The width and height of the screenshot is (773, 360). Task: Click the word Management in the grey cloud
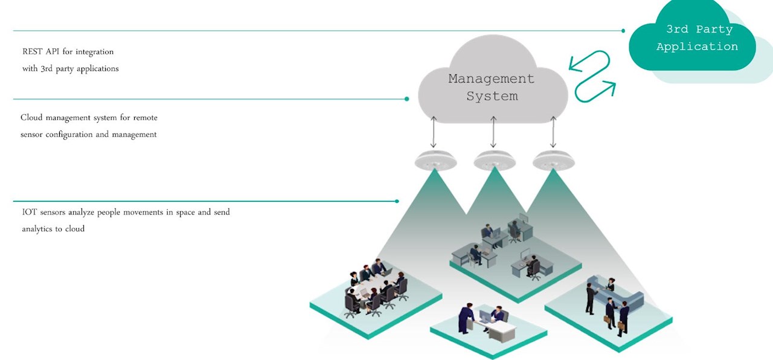tap(491, 79)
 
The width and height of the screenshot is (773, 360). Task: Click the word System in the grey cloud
tap(492, 96)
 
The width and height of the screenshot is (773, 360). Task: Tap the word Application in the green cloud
tap(697, 47)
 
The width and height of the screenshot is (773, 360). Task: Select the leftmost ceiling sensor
tap(435, 161)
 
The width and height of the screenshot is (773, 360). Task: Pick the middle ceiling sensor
tap(495, 161)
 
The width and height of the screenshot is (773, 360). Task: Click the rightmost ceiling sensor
tap(554, 161)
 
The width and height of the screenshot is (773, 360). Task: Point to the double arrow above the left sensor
tap(434, 133)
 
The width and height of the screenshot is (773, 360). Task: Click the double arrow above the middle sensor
tap(493, 133)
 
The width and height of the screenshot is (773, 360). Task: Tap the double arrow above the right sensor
tap(553, 133)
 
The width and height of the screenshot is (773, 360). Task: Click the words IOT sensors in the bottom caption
tap(44, 213)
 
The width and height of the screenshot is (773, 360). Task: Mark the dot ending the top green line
tap(623, 30)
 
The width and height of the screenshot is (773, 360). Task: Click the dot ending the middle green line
tap(407, 99)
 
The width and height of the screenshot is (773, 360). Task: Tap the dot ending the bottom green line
tap(397, 201)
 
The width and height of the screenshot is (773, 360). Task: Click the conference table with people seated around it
tap(374, 286)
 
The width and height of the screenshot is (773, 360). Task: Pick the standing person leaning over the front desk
tap(466, 318)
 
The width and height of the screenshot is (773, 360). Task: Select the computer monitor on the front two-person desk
tap(484, 315)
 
